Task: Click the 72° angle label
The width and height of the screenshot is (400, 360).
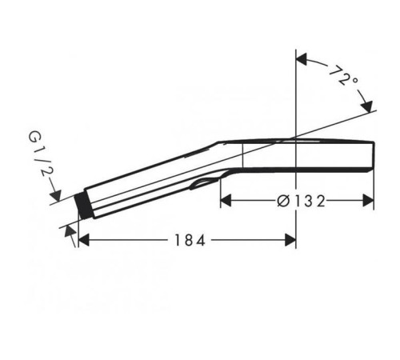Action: [343, 75]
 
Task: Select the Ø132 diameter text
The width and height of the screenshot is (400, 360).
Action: [301, 201]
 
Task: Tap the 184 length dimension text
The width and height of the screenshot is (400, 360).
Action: [190, 240]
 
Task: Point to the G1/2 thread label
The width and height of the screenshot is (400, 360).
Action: [41, 154]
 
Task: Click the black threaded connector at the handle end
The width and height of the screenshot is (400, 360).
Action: [83, 204]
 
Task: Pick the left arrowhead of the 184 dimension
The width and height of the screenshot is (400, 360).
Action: [84, 240]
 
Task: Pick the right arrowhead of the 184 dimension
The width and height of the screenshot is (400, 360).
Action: [290, 240]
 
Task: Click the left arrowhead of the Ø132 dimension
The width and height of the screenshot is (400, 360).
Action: [226, 201]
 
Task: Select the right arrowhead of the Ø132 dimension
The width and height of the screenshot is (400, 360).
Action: [368, 201]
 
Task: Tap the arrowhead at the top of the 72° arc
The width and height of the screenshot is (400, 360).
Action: [302, 59]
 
